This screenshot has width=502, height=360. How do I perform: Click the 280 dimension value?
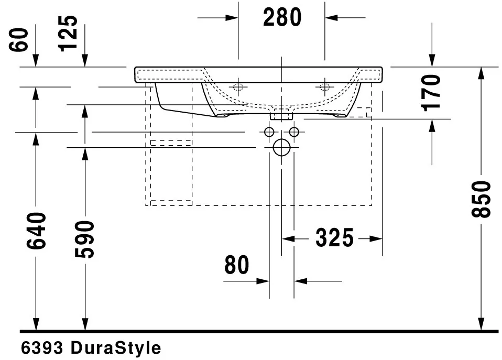click(282, 18)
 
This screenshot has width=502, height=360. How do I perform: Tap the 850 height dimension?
click(481, 199)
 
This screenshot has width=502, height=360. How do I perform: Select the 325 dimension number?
click(334, 238)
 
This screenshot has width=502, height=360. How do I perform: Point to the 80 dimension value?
click(237, 265)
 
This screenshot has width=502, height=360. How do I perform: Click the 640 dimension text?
click(36, 231)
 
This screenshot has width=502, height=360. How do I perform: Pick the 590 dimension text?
click(85, 239)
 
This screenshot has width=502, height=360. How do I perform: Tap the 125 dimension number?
click(68, 34)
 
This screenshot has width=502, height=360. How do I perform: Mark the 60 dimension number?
click(18, 40)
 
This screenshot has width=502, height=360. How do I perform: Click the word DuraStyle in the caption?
click(116, 348)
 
